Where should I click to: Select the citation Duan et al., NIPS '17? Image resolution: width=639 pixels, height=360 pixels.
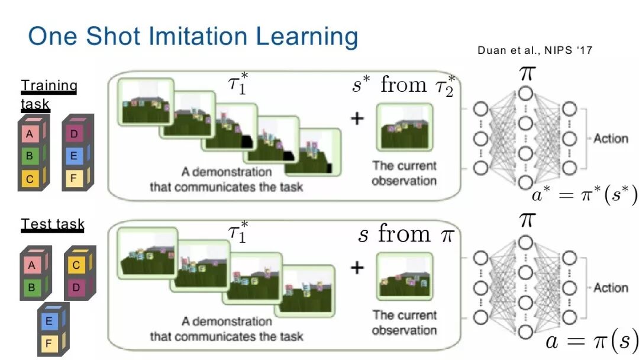click(535, 51)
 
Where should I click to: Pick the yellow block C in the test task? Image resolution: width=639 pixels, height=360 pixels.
click(77, 265)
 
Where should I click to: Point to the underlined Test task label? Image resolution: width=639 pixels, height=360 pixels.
click(53, 225)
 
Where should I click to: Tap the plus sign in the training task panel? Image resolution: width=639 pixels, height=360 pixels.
click(357, 118)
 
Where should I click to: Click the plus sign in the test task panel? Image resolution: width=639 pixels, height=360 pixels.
click(357, 268)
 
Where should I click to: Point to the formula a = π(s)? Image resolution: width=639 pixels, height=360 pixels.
click(591, 342)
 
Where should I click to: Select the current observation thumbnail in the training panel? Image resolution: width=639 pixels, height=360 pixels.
click(404, 127)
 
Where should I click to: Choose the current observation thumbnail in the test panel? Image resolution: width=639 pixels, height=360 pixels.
click(404, 277)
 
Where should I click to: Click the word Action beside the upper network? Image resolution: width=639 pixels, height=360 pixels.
click(611, 139)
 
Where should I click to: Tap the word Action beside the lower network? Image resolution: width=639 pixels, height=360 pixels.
click(611, 288)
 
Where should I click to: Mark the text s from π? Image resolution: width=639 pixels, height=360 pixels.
click(405, 234)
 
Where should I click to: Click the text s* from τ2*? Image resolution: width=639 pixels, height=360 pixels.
click(403, 86)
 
